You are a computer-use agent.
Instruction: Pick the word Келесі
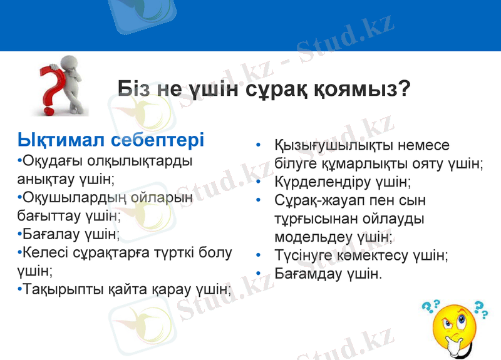point(47,253)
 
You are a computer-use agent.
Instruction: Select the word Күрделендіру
point(319,182)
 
